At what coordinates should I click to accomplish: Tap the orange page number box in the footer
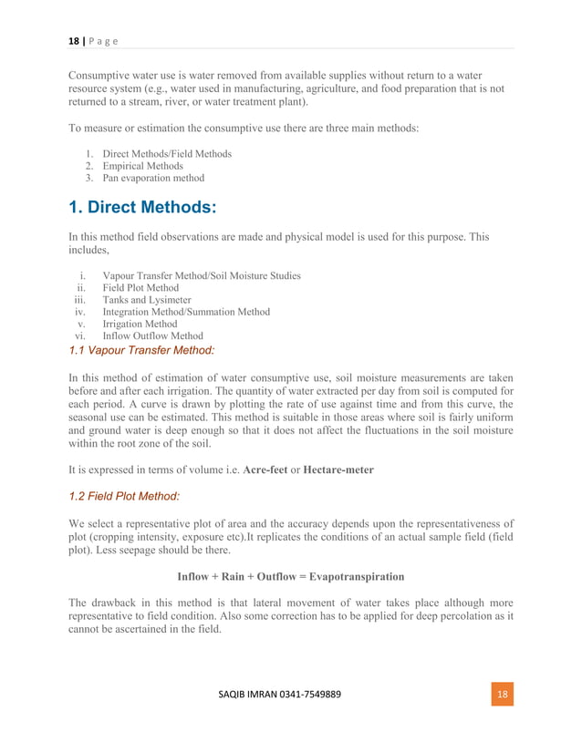coord(501,695)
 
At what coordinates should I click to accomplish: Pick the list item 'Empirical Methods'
coord(142,166)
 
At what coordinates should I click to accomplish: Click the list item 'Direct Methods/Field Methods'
coord(167,154)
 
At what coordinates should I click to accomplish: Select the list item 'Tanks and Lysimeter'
coord(147,300)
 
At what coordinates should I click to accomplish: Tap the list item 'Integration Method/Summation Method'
coord(186,312)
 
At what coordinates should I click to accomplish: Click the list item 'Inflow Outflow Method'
coord(152,335)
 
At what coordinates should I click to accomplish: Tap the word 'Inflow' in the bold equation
coord(194,577)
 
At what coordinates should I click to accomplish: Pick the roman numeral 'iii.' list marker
coord(78,300)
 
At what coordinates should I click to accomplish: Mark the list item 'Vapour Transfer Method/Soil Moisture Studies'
coord(202,275)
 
